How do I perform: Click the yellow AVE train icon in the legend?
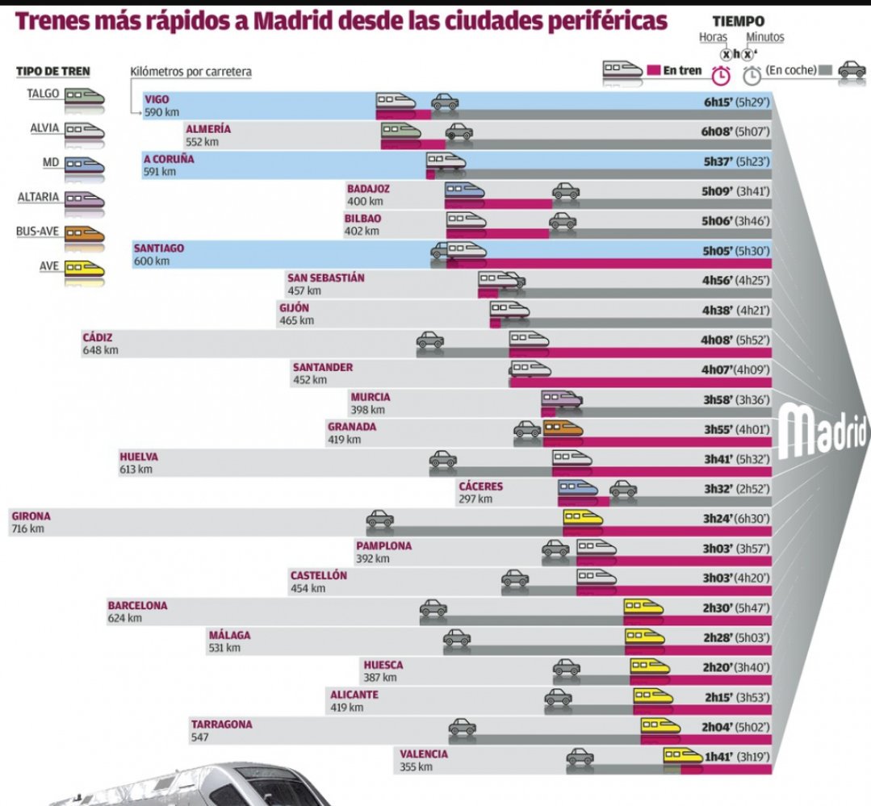point(85,269)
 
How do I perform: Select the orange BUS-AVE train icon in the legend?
point(85,235)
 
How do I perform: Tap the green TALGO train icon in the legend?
point(85,97)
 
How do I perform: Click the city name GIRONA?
point(31,516)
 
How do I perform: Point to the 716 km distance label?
point(27,529)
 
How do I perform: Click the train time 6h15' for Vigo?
point(718,102)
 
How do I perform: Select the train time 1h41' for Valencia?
point(718,757)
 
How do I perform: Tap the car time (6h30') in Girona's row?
point(752,519)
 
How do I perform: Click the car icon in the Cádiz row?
point(430,339)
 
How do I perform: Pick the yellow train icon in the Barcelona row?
point(644,607)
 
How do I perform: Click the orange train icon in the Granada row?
point(563,428)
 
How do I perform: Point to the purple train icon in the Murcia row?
point(562,399)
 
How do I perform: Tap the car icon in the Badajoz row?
point(566,191)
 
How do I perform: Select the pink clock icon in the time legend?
point(721,75)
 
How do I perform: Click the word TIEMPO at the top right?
point(739,22)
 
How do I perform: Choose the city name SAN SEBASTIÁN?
point(326,278)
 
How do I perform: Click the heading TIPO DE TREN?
point(52,72)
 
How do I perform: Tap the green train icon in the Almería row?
point(401,131)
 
